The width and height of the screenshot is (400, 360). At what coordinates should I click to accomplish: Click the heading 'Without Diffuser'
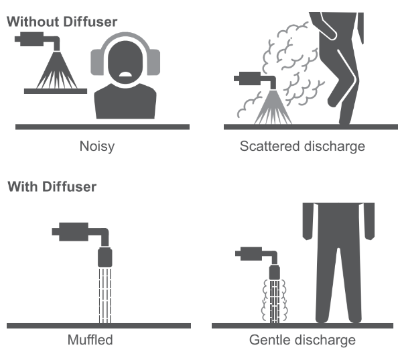[x=62, y=21]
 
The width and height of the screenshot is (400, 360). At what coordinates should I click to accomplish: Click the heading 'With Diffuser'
[x=52, y=186]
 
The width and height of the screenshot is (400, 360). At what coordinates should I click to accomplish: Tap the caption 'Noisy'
[x=97, y=147]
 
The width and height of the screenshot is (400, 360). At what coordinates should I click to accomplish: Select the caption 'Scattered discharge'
[x=302, y=146]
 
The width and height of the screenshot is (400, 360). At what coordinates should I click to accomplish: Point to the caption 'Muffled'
[x=90, y=340]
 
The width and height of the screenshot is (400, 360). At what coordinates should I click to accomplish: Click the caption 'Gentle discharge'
[x=302, y=340]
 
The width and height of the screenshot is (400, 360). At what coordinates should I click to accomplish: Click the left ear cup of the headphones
[x=98, y=62]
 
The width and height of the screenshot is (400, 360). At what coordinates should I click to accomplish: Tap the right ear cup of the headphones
[x=153, y=62]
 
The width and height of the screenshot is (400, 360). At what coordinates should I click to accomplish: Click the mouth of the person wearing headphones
[x=125, y=74]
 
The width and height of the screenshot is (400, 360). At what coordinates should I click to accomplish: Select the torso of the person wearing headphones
[x=125, y=102]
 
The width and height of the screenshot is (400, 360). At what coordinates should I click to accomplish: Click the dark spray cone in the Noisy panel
[x=56, y=70]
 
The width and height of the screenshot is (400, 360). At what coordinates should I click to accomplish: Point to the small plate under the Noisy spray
[x=56, y=91]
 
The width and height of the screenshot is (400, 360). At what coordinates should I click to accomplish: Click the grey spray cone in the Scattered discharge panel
[x=273, y=107]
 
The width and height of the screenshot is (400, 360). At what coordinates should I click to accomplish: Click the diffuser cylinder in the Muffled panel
[x=105, y=257]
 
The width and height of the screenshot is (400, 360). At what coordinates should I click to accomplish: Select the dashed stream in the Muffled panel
[x=105, y=295]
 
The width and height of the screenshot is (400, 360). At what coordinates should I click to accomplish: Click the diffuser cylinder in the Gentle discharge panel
[x=275, y=272]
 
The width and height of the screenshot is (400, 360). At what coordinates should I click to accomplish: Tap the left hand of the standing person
[x=308, y=233]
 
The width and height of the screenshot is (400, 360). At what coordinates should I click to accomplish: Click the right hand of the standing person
[x=369, y=233]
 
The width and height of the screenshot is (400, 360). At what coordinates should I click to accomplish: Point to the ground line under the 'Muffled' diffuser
[x=98, y=326]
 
